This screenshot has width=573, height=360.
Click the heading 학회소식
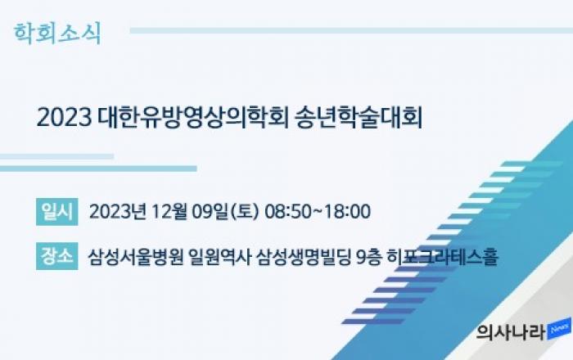(x=57, y=34)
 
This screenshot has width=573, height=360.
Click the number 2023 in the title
(x=65, y=118)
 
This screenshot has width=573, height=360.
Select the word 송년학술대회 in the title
(x=359, y=118)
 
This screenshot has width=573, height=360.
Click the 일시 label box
(x=57, y=212)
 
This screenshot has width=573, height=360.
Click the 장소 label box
(x=57, y=256)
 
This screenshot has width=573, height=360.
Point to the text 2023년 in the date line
(x=118, y=211)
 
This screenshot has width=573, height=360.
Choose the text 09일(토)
(x=226, y=211)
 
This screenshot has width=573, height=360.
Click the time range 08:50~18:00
(x=318, y=211)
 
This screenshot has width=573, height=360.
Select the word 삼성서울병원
(x=136, y=257)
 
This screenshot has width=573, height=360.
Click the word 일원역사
(x=220, y=257)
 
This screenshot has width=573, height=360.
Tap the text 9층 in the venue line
(x=369, y=257)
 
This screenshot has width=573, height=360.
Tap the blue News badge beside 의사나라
(x=559, y=329)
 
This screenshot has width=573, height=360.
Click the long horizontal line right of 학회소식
(x=351, y=30)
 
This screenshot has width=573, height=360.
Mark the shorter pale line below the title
(x=56, y=156)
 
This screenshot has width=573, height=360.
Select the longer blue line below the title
(x=98, y=169)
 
